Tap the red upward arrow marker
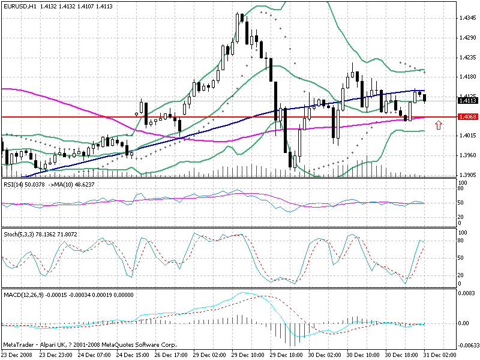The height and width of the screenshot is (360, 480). coord(439,125)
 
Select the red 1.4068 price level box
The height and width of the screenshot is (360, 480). coord(467,117)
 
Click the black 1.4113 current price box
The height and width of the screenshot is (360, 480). coord(467,101)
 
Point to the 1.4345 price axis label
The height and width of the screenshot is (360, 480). coord(467,19)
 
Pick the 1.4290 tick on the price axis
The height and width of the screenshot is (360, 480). coord(467,38)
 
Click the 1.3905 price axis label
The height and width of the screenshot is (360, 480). coord(467,175)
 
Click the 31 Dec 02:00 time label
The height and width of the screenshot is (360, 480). coord(439,355)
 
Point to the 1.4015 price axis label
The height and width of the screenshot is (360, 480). coord(467,136)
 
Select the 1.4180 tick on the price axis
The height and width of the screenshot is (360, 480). coord(467,77)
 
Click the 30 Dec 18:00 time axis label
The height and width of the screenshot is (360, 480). coord(400,355)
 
